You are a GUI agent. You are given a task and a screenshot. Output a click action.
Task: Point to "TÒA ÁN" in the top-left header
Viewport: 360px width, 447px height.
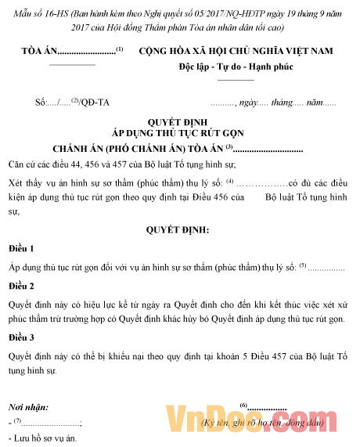38,52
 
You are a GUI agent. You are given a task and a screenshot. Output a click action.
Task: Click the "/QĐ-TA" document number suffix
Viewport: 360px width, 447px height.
95,103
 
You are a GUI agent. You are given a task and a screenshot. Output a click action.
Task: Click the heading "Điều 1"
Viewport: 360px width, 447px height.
21,248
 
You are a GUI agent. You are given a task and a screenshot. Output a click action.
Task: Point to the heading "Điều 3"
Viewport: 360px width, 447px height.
21,338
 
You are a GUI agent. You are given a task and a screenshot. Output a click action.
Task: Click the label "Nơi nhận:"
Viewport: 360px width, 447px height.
28,408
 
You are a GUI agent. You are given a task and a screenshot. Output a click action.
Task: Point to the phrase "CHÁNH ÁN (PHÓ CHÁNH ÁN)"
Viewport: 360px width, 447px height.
137,148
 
